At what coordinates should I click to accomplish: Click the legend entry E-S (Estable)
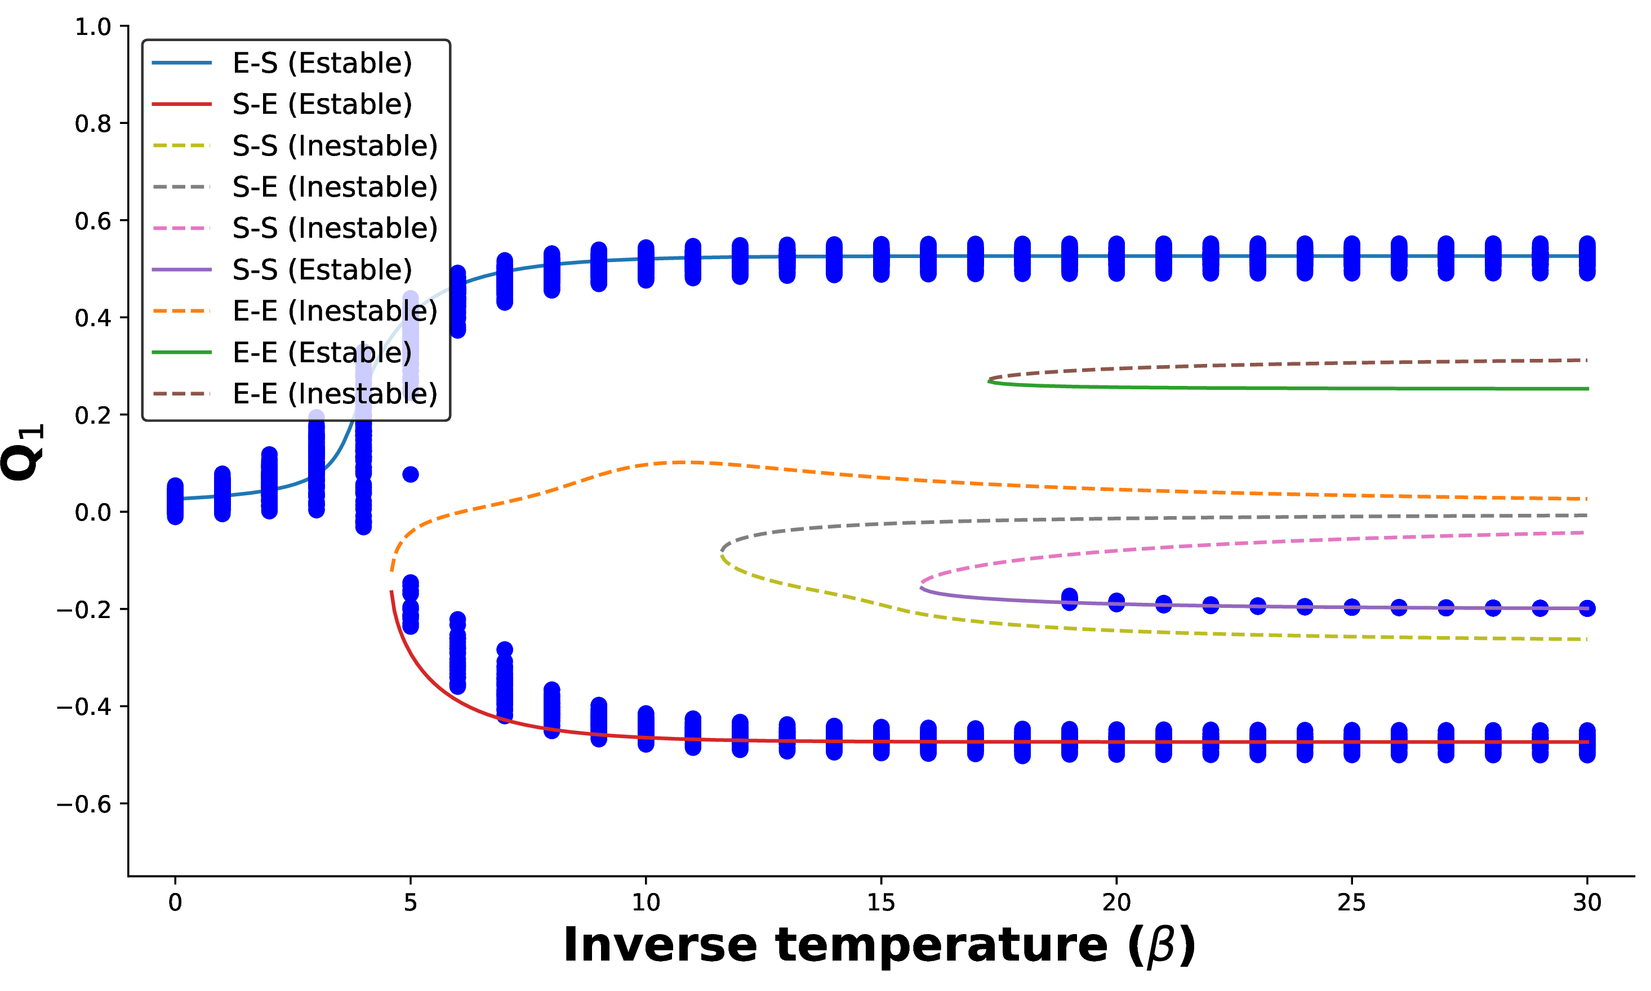pos(282,63)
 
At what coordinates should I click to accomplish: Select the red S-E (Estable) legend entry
pos(282,104)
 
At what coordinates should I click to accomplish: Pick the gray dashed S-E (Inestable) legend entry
pos(295,187)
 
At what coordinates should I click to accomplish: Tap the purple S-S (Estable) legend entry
pos(282,270)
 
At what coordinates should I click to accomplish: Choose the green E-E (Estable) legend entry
pos(282,353)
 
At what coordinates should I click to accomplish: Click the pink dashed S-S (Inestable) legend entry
pos(295,228)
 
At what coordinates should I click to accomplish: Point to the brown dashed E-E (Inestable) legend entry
pos(295,394)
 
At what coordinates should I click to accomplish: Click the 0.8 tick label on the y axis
pos(93,123)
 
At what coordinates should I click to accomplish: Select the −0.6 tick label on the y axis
pos(83,803)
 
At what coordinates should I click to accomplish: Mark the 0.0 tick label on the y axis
pos(93,512)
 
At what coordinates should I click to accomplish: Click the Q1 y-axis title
pos(23,451)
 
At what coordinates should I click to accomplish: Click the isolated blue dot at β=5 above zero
pos(411,474)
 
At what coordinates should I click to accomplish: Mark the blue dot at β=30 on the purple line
pos(1587,608)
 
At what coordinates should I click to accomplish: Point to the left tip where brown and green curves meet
pos(989,380)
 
